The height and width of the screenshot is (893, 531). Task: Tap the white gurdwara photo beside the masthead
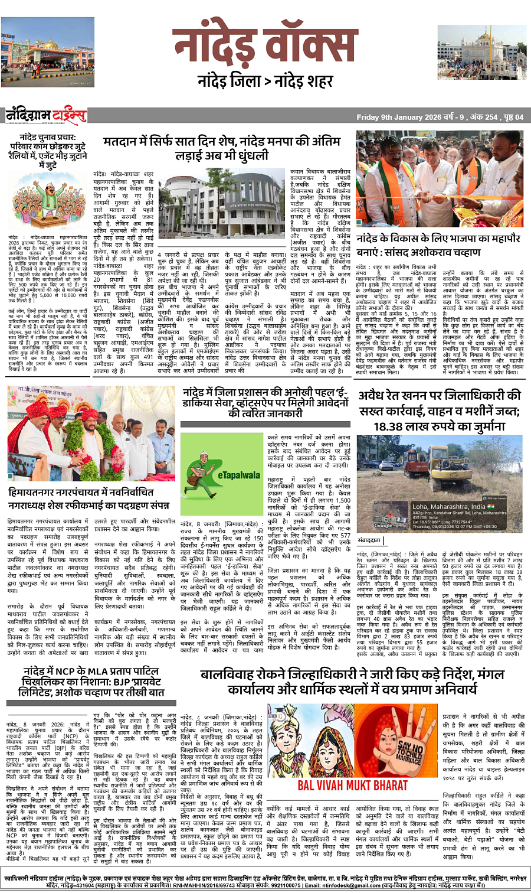482,52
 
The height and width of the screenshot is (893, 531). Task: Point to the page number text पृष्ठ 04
510,118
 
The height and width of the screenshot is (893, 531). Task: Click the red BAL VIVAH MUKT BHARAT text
352,785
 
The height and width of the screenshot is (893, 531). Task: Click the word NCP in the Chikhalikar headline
67,672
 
